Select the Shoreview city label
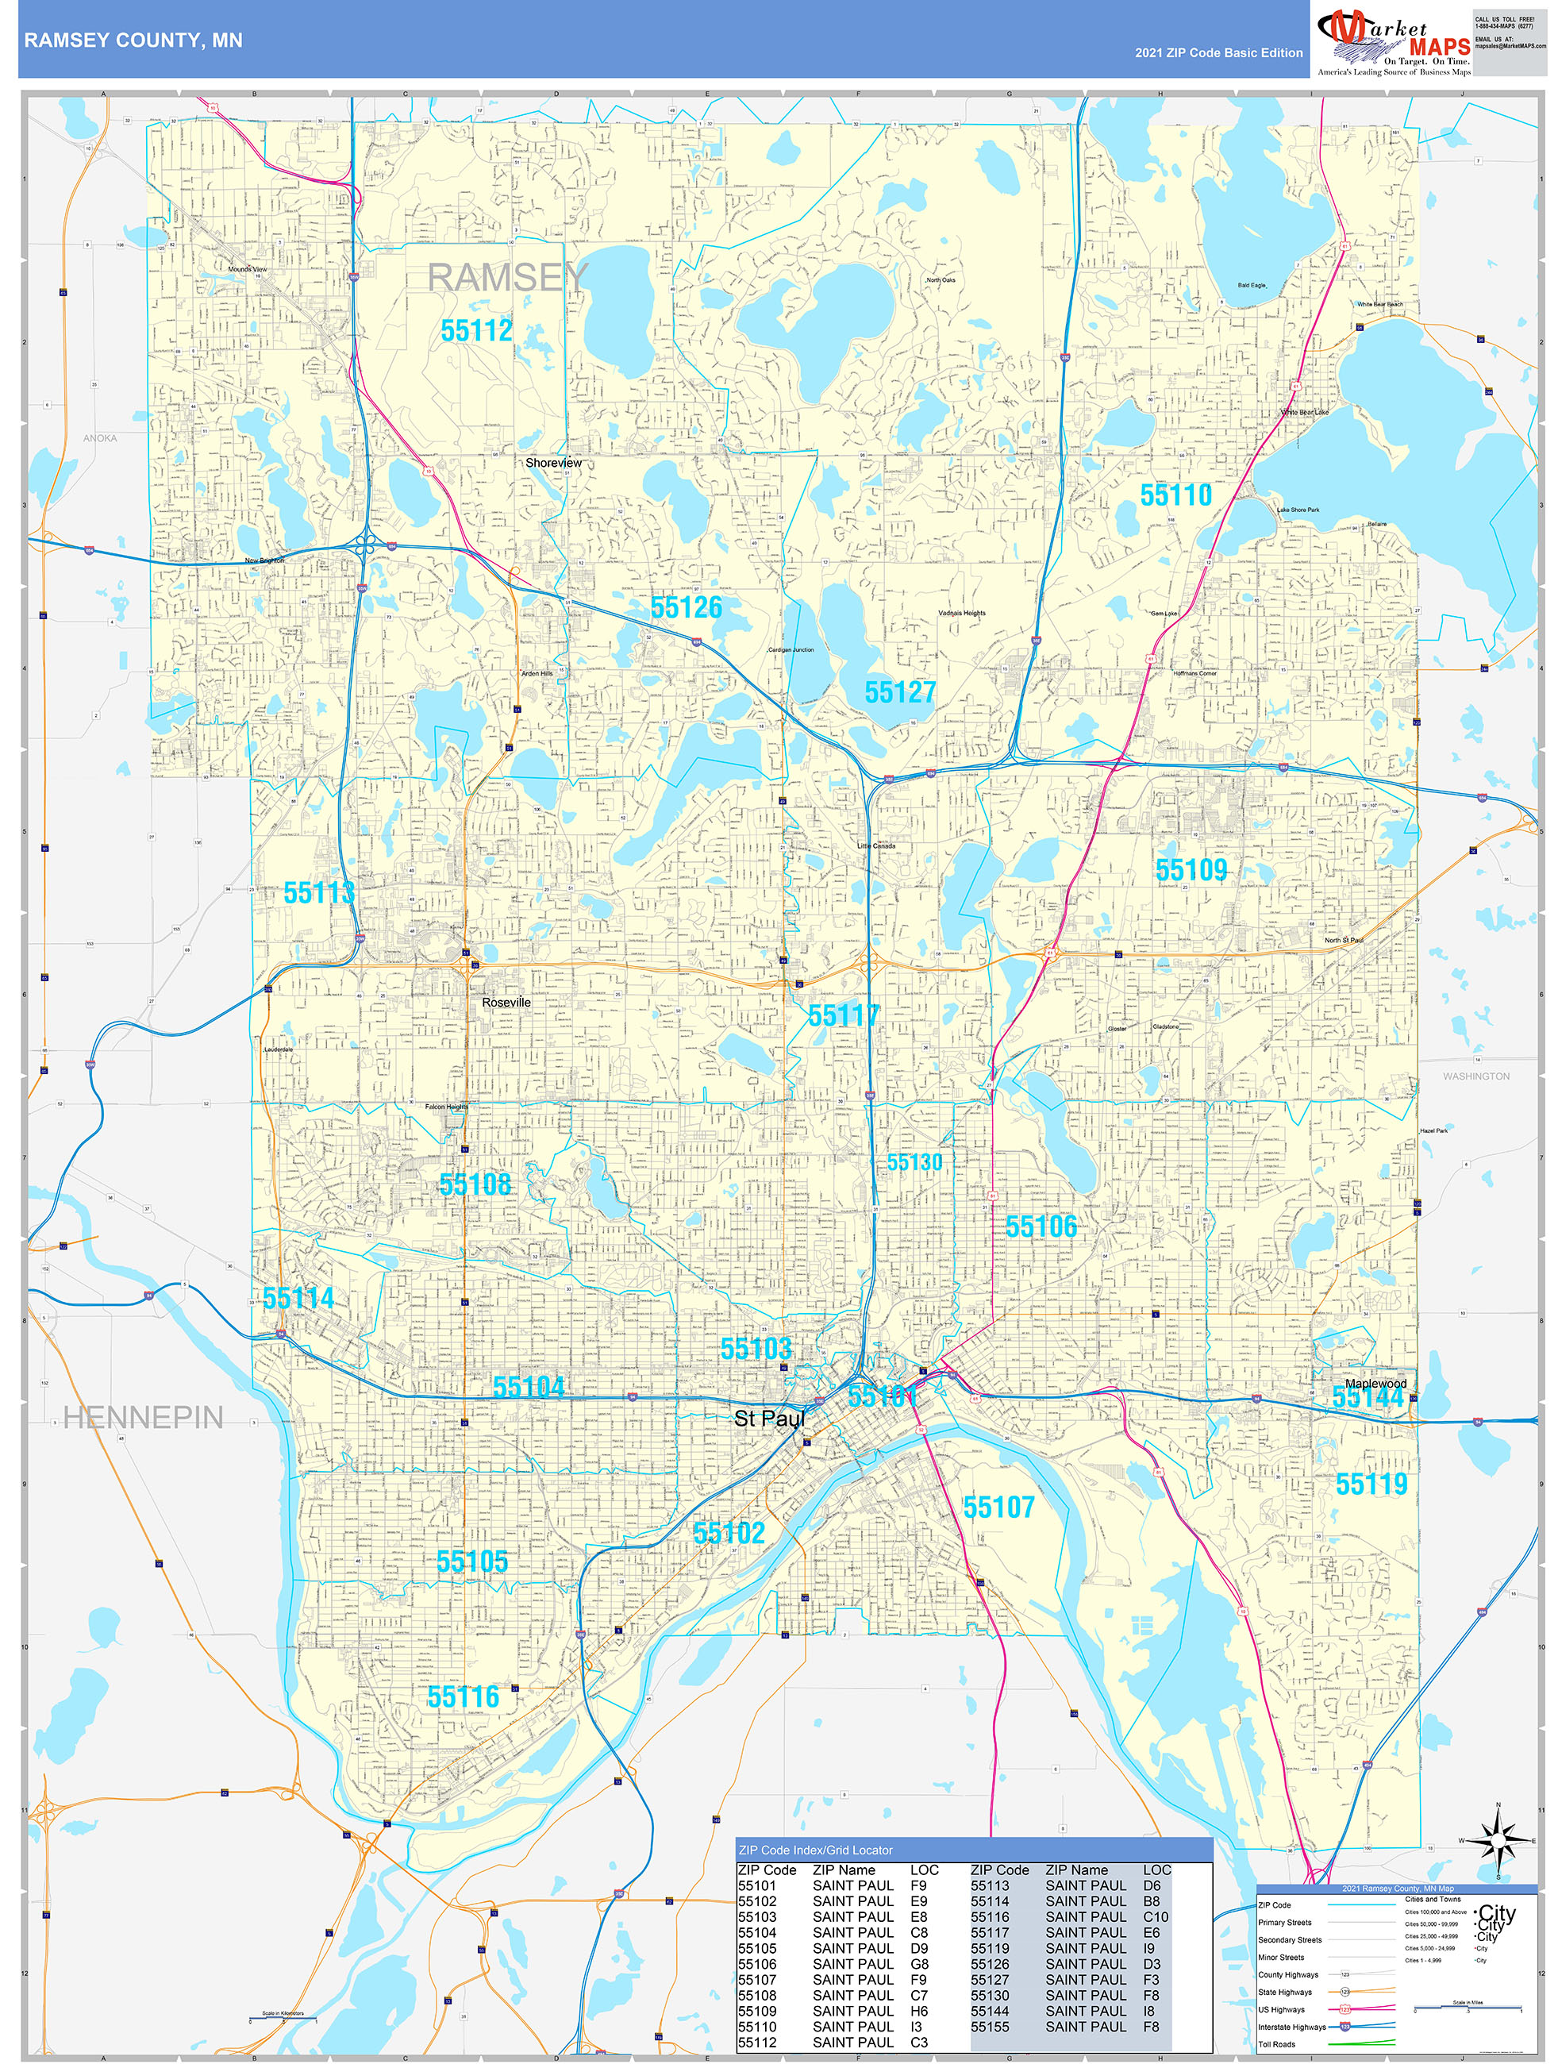pos(553,463)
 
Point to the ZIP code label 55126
pos(686,607)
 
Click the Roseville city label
pos(506,1002)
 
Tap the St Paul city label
pos(769,1419)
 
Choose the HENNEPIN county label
pos(143,1419)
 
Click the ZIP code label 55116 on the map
pos(463,1697)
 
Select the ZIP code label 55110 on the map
pos(1175,495)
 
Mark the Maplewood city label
pos(1375,1384)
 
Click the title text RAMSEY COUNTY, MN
pos(133,40)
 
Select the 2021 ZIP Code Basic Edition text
pos(1218,53)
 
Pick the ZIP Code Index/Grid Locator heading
pos(815,1850)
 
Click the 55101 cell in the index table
pos(756,1885)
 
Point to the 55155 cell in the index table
pos(990,2027)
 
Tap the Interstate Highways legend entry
pos(1291,2027)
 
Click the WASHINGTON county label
pos(1476,1076)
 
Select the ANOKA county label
pos(100,437)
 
